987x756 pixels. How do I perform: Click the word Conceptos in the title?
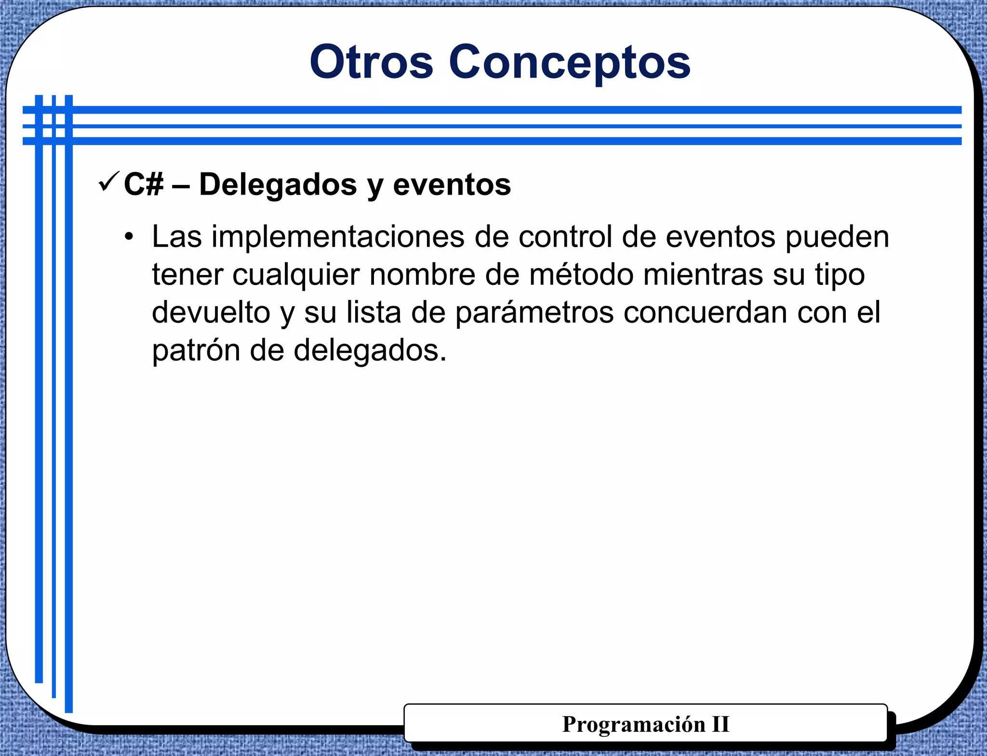[x=570, y=63]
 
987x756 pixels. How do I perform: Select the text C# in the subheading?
[x=144, y=184]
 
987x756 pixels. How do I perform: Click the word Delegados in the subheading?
[x=278, y=184]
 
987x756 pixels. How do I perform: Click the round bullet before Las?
[x=128, y=237]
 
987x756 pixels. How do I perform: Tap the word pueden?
[x=837, y=237]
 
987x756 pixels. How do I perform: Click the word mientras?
[x=703, y=275]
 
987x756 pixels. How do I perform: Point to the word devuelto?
[x=211, y=313]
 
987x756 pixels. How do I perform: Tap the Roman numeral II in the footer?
[x=720, y=724]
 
